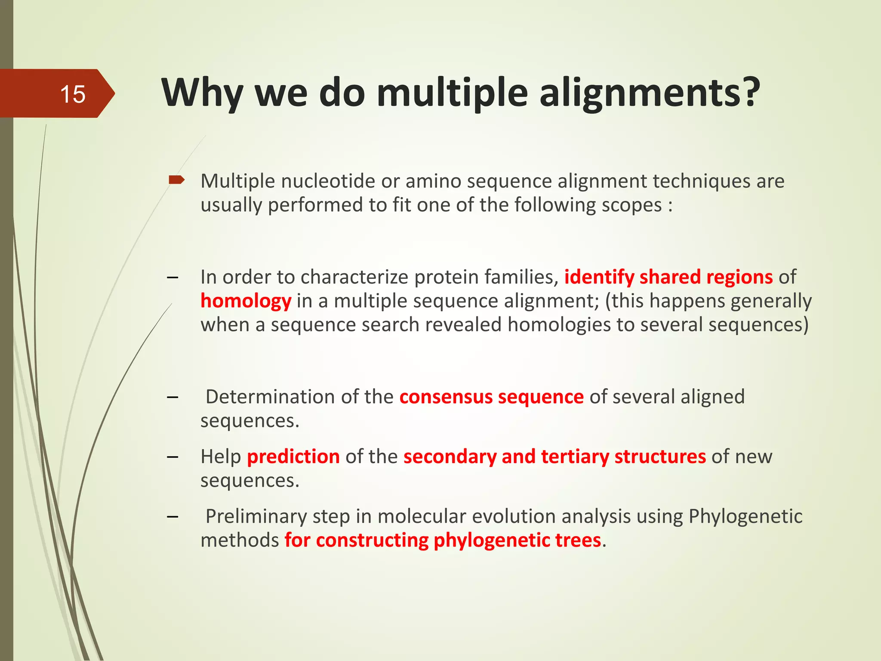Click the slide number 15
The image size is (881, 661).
tap(73, 94)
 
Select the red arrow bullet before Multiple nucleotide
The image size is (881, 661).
tap(176, 180)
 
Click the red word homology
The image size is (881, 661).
tap(246, 301)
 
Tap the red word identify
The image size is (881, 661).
tap(599, 277)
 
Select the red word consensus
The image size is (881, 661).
tap(446, 397)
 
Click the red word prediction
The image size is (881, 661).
tap(293, 457)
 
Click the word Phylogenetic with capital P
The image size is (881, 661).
tap(745, 516)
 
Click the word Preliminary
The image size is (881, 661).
tap(256, 516)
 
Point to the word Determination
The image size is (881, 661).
tap(270, 397)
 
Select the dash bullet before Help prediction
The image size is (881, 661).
tap(173, 457)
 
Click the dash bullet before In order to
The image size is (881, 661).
tap(173, 277)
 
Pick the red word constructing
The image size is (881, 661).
tap(372, 540)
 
